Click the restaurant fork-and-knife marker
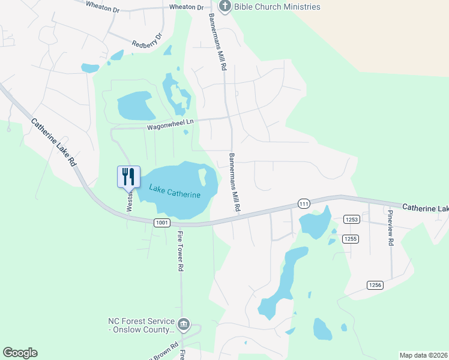128,176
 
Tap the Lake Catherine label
175,191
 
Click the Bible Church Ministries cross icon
224,7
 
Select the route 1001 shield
161,223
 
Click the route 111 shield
304,204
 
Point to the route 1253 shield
351,220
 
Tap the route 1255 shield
351,239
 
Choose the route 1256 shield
375,285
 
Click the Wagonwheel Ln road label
172,122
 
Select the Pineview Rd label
390,227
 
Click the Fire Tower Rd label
179,251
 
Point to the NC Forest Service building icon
184,325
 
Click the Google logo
20,353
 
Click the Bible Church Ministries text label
278,7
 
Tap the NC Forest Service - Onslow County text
141,325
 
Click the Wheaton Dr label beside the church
187,7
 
